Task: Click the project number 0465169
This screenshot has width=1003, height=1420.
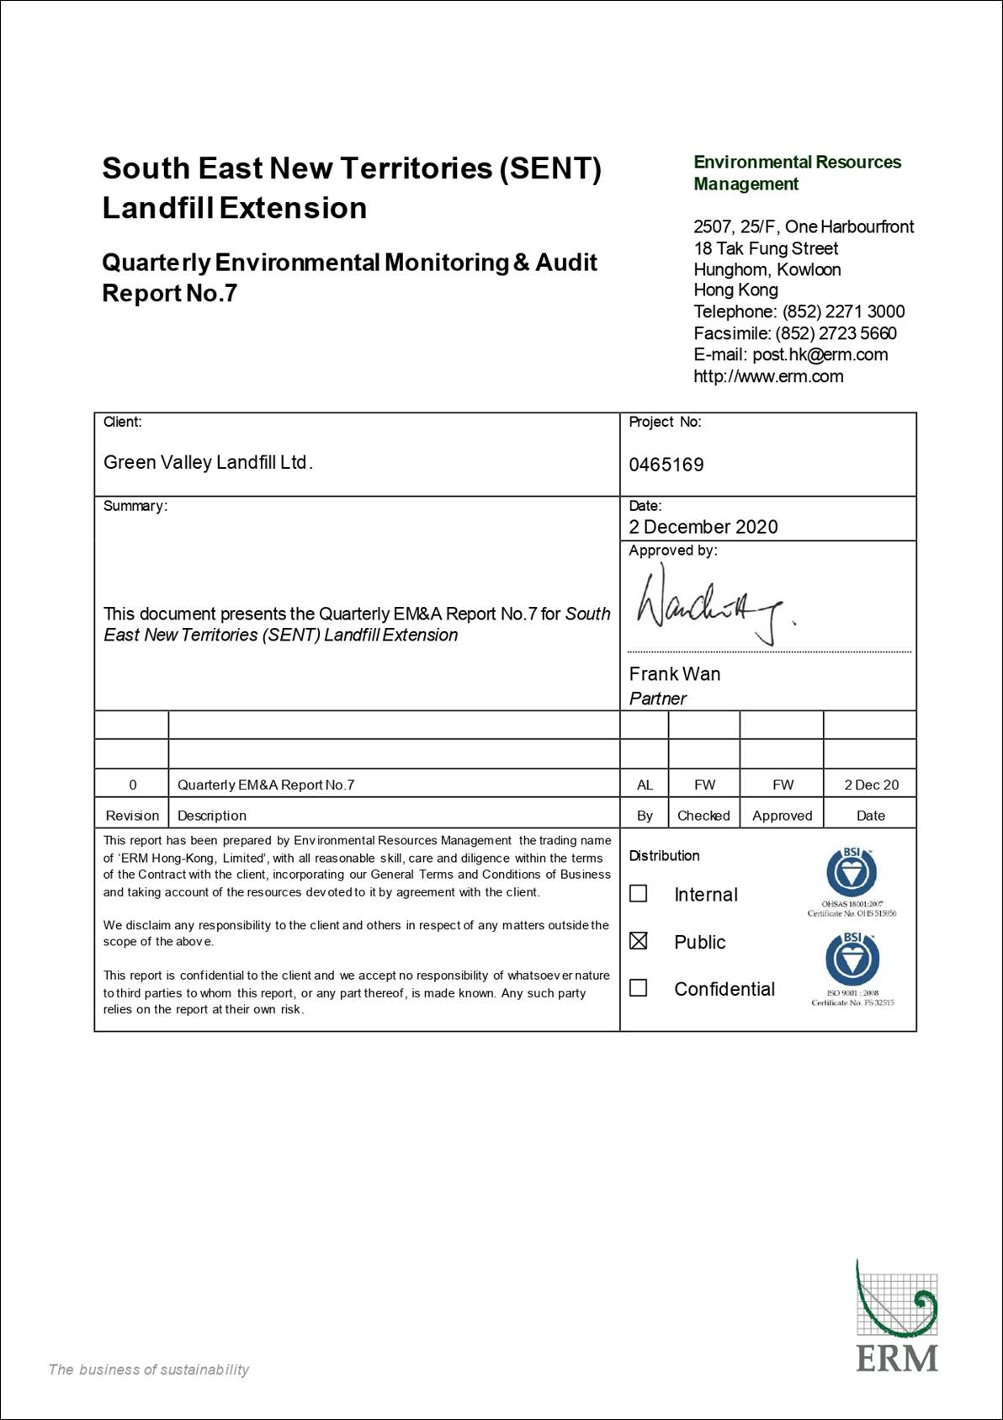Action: point(666,465)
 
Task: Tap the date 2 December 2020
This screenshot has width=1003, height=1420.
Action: point(703,527)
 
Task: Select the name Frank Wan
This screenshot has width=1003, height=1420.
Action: point(674,673)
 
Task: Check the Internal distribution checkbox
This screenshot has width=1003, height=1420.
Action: point(639,893)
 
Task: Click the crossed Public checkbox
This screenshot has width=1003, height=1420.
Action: point(639,941)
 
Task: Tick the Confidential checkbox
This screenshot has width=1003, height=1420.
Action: point(639,987)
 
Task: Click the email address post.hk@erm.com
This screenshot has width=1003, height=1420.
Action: point(820,354)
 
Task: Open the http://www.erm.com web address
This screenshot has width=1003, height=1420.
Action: point(768,376)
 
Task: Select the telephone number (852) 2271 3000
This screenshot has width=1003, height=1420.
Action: point(843,311)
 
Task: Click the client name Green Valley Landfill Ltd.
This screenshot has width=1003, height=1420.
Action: point(208,462)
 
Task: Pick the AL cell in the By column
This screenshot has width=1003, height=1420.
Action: point(645,784)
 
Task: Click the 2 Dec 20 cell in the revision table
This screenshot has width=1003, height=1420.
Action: point(871,784)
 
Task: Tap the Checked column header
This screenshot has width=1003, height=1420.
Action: point(703,815)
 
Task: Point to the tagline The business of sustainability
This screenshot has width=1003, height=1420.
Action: point(149,1369)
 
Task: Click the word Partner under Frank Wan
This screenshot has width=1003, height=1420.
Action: point(657,699)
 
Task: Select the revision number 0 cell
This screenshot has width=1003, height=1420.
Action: point(132,784)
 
